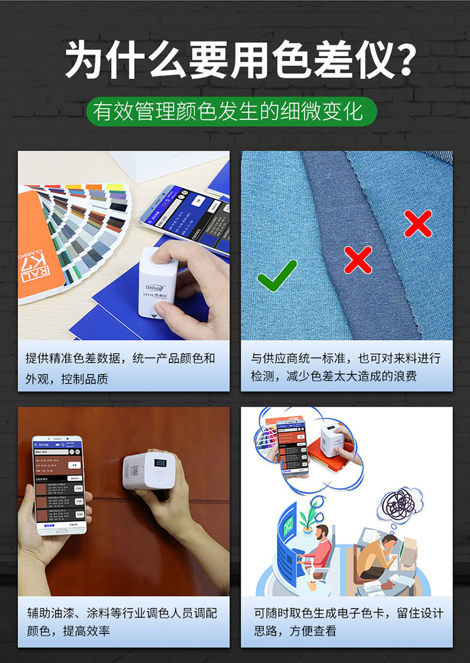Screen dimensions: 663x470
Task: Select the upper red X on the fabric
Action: (418, 223)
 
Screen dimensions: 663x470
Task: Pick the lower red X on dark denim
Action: (358, 259)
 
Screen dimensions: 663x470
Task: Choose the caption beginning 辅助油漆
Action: (123, 622)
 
